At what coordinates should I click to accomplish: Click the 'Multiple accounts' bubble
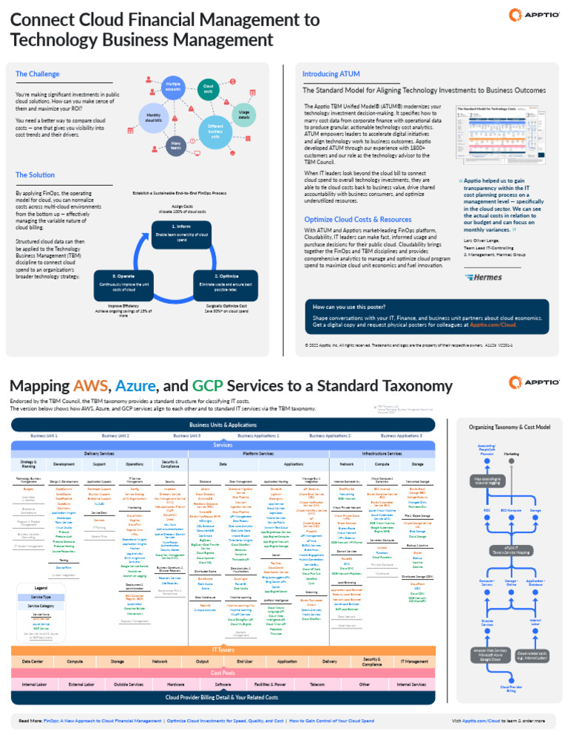pos(173,87)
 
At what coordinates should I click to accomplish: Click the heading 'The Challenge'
pos(33,74)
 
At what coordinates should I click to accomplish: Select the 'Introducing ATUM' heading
pos(331,74)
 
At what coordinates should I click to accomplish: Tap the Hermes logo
pos(484,277)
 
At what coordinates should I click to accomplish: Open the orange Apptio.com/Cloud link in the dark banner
pos(492,325)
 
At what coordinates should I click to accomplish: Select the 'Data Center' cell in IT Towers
pos(33,640)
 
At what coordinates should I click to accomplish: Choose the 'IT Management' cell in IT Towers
pos(414,640)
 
